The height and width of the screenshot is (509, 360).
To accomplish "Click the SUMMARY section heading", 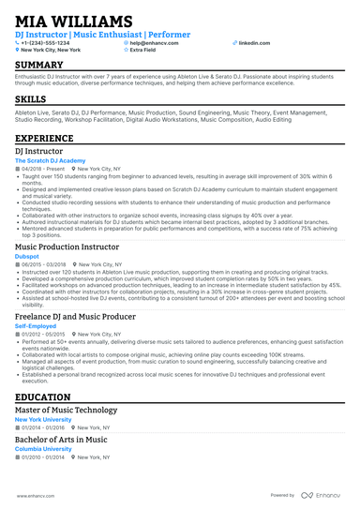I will click(x=39, y=64).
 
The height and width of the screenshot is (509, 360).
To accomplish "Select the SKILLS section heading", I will click(x=31, y=97).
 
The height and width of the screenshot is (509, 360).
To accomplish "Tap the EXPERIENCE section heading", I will click(x=45, y=138).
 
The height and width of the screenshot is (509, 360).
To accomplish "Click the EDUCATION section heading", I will click(x=43, y=398).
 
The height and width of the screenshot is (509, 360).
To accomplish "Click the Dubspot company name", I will click(x=27, y=256).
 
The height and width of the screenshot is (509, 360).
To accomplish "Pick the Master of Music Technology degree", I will click(x=67, y=412).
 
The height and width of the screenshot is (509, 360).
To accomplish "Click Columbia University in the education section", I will click(x=43, y=448).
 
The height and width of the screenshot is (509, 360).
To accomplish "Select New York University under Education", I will click(x=42, y=420).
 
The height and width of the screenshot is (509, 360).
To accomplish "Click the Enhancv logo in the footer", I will click(x=322, y=495).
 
